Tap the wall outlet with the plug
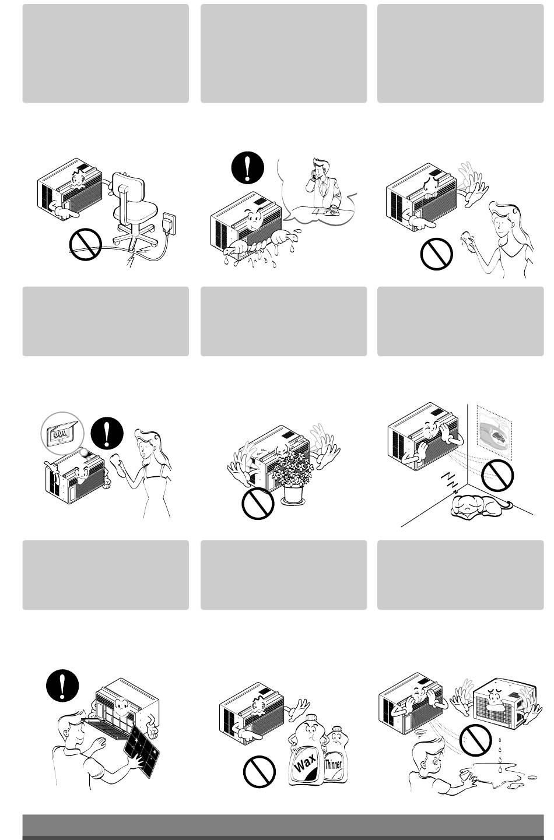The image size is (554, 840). pyautogui.click(x=169, y=224)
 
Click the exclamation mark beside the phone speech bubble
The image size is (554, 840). pyautogui.click(x=248, y=167)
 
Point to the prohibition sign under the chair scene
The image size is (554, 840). pyautogui.click(x=86, y=244)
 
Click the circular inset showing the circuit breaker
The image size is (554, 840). pyautogui.click(x=62, y=433)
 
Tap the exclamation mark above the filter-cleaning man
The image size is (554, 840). pyautogui.click(x=62, y=686)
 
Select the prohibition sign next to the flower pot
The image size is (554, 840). pyautogui.click(x=258, y=503)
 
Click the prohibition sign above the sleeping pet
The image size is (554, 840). pyautogui.click(x=497, y=475)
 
